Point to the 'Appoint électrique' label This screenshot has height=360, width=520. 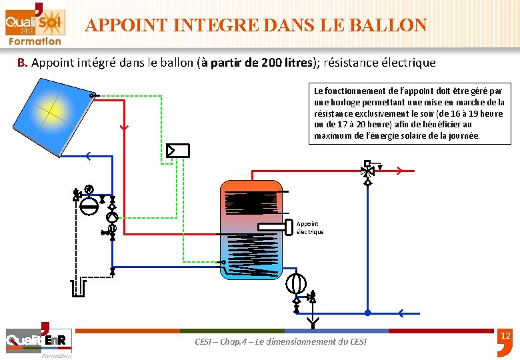coord(309,228)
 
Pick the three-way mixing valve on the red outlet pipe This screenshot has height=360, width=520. coord(367,171)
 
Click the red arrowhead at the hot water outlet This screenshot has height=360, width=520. coord(399,171)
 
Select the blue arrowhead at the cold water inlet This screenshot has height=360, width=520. coord(400,313)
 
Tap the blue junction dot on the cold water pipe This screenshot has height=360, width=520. coord(367,313)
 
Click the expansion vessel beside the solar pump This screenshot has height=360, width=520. coord(88,205)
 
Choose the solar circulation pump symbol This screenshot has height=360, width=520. coord(113,217)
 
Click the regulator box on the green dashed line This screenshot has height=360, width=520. coord(178,151)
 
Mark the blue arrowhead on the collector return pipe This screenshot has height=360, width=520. coord(88,157)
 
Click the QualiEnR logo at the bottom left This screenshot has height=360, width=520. coord(36,341)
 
